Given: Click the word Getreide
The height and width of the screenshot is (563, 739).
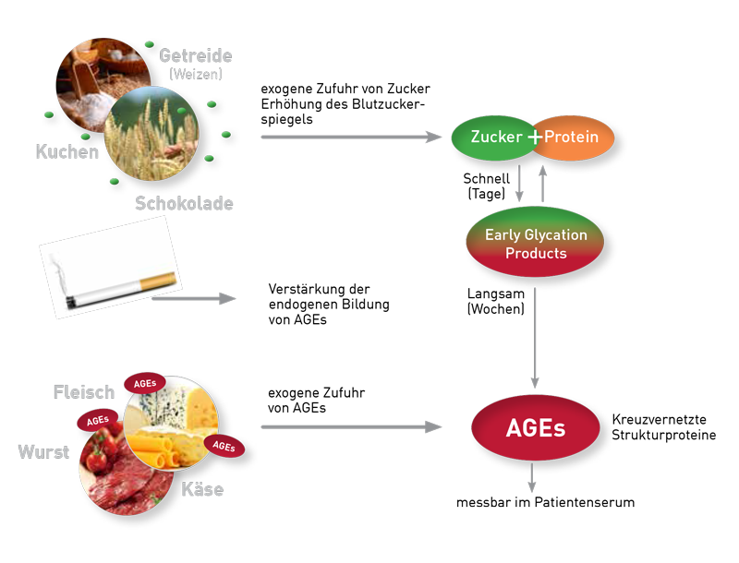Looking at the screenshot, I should tap(195, 55).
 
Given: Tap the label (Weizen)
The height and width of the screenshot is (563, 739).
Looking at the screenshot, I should tap(195, 75).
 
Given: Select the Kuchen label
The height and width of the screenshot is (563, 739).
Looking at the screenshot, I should tap(67, 152).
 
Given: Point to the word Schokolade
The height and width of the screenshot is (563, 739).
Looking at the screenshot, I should tap(184, 203).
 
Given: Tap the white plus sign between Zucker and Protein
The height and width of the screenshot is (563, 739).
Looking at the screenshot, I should tap(535, 138).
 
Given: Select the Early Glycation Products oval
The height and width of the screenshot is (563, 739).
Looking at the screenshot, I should tap(536, 243).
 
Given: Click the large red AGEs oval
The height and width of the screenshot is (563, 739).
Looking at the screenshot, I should tap(536, 428).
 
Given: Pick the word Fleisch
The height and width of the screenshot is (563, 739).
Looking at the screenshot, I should tap(84, 392).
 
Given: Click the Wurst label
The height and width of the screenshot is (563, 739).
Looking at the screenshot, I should tap(43, 452).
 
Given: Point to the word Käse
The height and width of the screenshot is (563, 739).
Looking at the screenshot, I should tap(202, 489).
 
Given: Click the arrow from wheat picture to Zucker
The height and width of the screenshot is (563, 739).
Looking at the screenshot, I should tap(351, 138).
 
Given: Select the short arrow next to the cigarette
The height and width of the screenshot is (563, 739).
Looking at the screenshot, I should tap(194, 298).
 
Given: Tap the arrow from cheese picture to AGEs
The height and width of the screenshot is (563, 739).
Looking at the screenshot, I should tap(351, 426).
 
